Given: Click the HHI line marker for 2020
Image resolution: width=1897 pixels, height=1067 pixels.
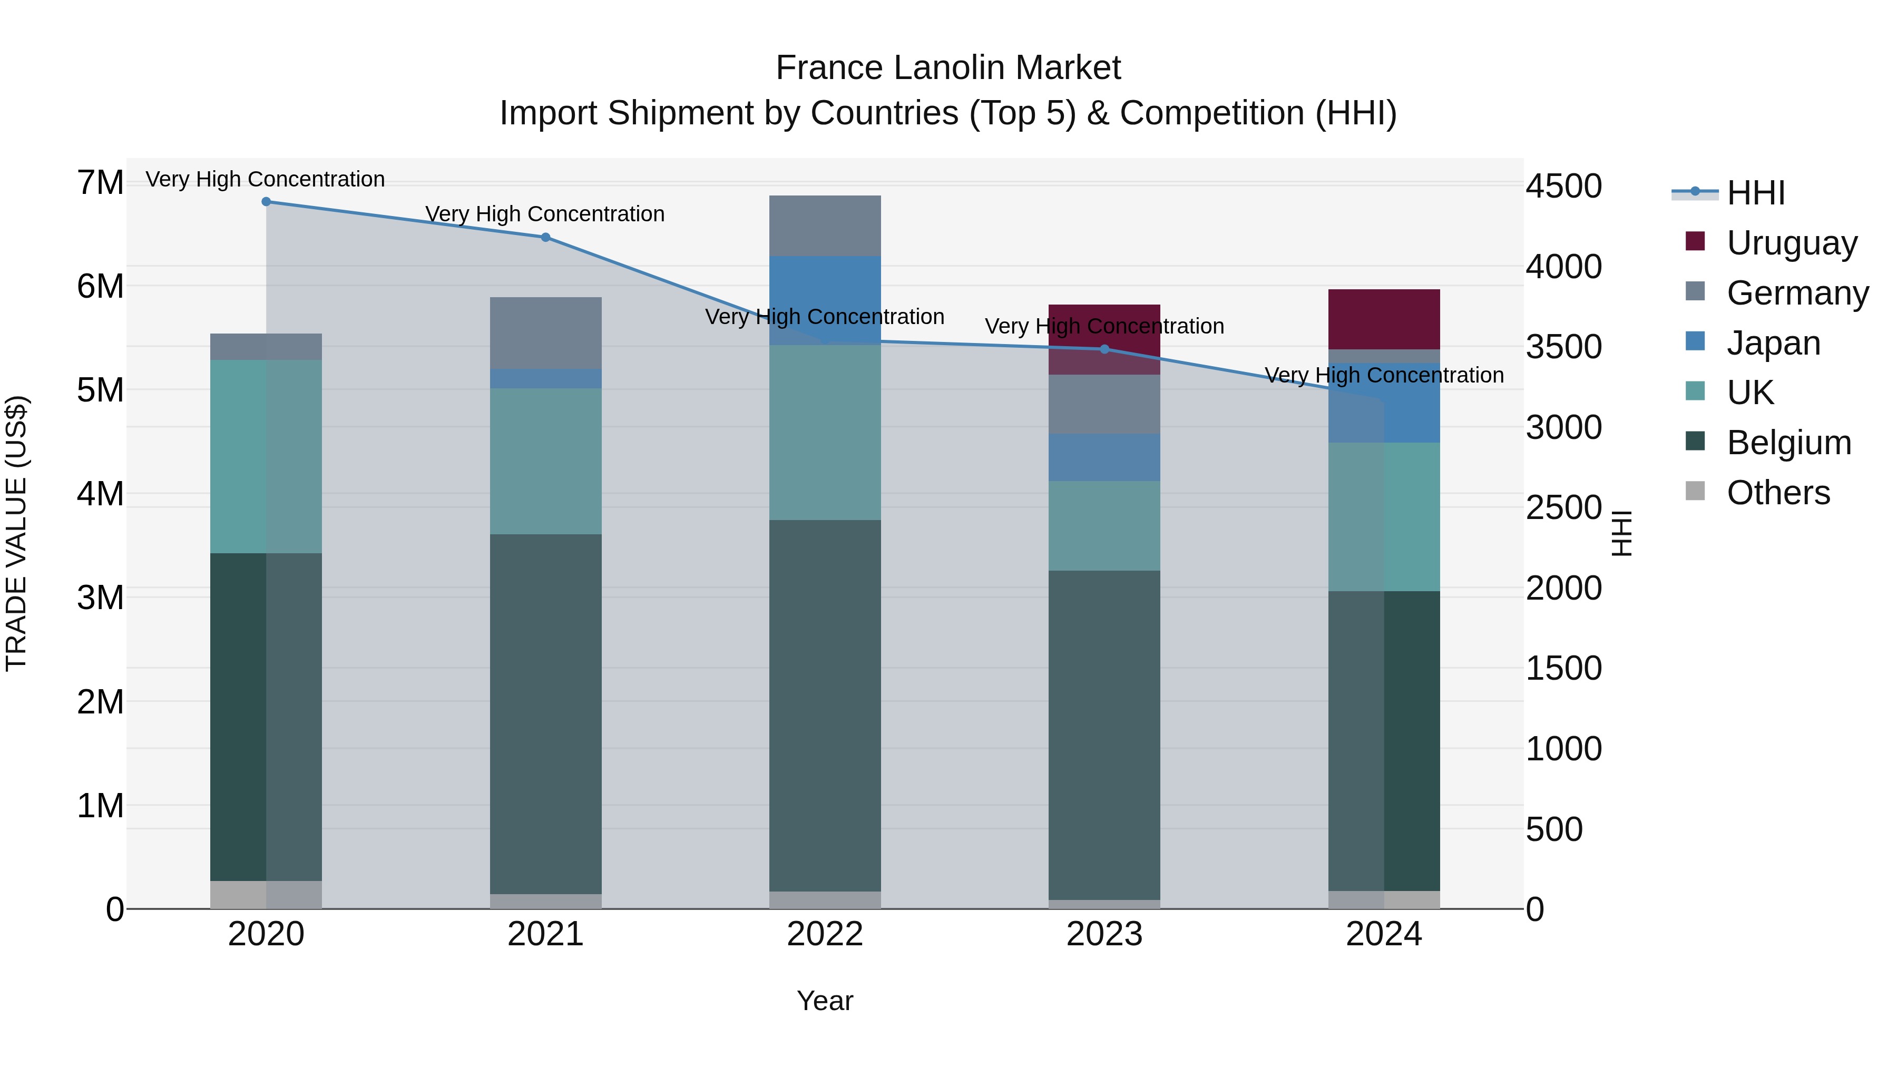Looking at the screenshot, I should (x=267, y=202).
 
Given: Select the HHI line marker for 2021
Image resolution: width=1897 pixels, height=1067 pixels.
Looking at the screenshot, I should (x=546, y=237).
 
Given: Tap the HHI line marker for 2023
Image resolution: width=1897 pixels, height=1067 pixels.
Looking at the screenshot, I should (x=1104, y=349).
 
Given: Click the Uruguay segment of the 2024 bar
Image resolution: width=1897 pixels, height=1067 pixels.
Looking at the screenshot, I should (x=1384, y=319).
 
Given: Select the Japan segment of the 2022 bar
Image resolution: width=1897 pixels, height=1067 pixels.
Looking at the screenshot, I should (x=825, y=300).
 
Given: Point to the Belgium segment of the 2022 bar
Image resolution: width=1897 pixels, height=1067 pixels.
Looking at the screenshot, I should (x=825, y=706).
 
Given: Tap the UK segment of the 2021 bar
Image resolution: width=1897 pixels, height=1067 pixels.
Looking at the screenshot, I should (x=546, y=461).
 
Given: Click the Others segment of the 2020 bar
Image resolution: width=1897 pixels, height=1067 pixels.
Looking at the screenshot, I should (x=267, y=895).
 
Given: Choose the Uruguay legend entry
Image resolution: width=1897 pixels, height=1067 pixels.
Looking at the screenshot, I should (x=1791, y=243).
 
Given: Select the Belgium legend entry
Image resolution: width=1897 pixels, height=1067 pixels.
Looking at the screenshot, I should (x=1788, y=443).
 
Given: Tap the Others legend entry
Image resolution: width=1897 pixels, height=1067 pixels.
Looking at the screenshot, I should (x=1778, y=493).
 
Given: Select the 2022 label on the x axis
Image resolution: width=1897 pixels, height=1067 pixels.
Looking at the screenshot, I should (x=825, y=934).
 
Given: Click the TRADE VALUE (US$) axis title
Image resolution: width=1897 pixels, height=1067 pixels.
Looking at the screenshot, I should (x=16, y=533).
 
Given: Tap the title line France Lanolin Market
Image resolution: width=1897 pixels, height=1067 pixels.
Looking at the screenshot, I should (x=948, y=68).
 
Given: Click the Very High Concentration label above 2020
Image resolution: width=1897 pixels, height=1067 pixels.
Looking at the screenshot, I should (x=265, y=179).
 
